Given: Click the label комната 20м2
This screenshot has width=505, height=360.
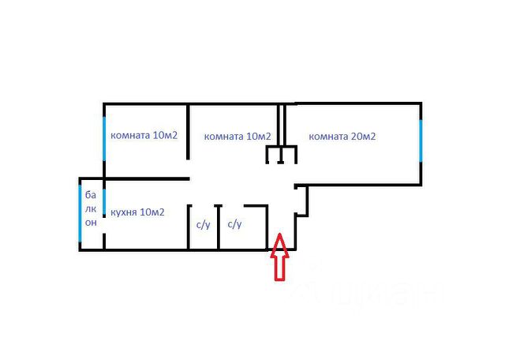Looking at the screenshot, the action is (342, 137).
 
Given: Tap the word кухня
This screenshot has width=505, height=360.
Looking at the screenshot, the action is (124, 212).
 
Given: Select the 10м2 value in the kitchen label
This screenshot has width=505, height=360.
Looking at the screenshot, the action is (151, 212).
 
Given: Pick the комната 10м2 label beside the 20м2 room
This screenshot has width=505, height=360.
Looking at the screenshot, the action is (238, 137).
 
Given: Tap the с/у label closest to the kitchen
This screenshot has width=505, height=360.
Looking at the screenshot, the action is (203, 225).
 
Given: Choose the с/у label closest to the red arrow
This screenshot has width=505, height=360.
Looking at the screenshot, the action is (234, 225).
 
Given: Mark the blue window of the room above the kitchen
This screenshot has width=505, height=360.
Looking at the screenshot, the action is (104, 139).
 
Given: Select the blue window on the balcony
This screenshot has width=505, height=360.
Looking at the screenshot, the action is (80, 212).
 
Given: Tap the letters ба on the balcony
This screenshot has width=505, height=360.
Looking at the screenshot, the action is (91, 195).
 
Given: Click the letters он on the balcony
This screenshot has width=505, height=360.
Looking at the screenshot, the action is (91, 223).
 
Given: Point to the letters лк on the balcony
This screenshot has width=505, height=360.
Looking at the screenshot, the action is (91, 209).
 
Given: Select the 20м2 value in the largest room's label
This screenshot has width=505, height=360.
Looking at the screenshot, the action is (362, 137).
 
